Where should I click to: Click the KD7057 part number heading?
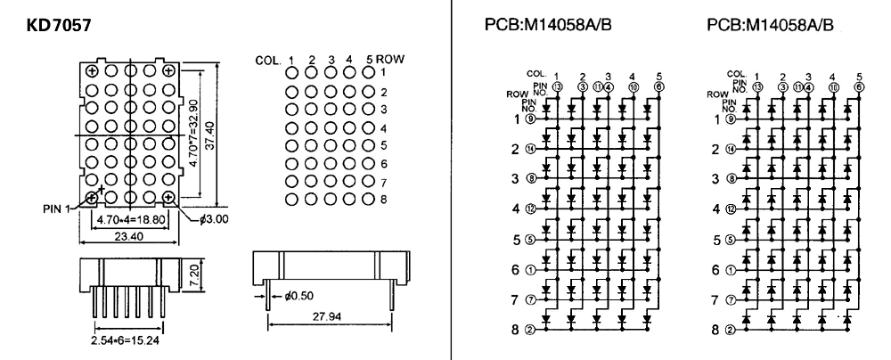coord(61,23)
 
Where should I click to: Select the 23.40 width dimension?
coord(127,238)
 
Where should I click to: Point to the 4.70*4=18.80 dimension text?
coord(130,215)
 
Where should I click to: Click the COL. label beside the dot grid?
coord(266,61)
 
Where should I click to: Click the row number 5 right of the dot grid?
coord(382,144)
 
